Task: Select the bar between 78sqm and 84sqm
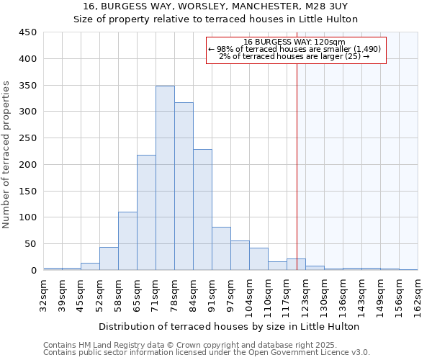click(184, 186)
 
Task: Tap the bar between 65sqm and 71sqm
click(146, 212)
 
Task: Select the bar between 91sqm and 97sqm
click(221, 248)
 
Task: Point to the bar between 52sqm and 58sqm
click(109, 258)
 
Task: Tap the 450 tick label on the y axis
click(27, 32)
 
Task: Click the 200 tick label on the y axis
click(27, 164)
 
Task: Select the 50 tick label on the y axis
click(30, 244)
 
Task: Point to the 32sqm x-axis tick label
click(44, 294)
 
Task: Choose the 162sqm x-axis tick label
click(418, 294)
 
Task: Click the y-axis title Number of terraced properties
click(6, 155)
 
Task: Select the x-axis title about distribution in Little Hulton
click(228, 326)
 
